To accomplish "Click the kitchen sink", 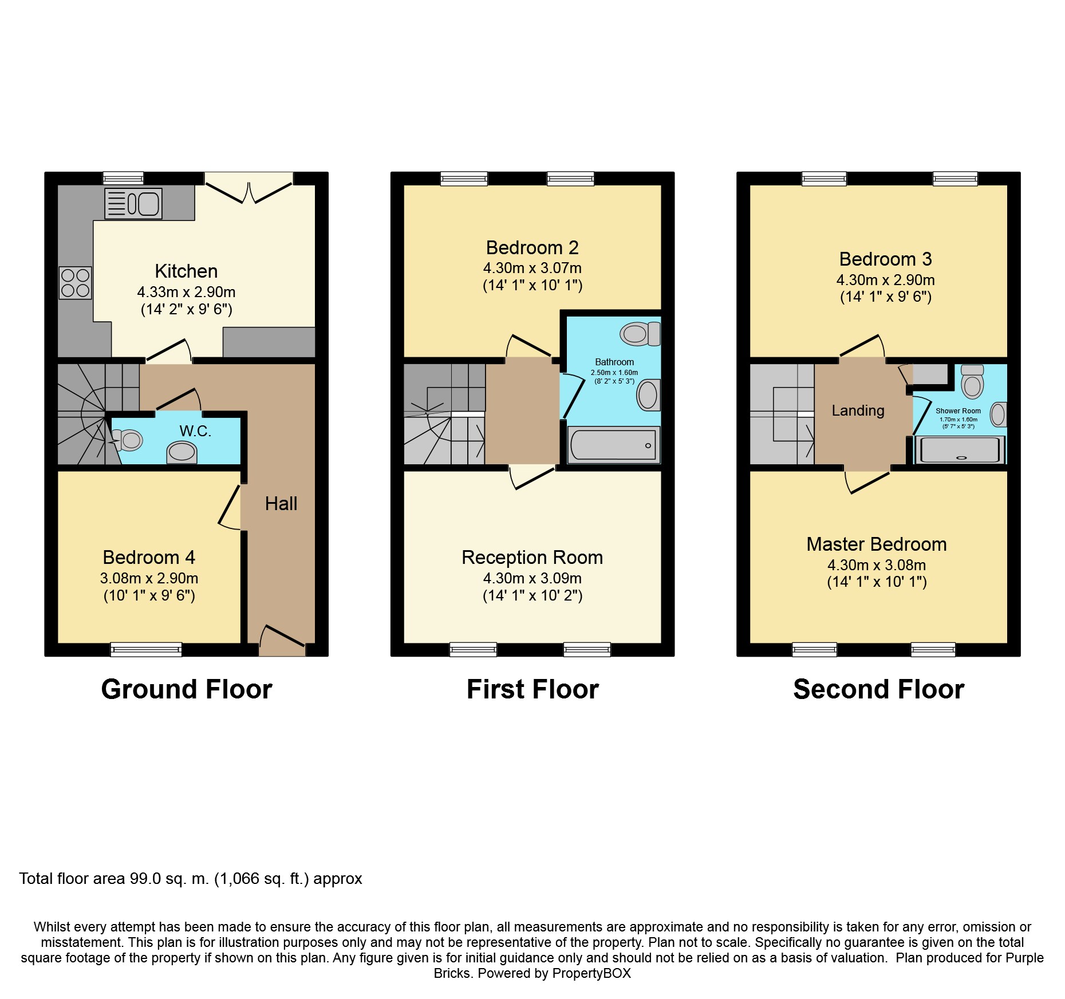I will click(x=133, y=203).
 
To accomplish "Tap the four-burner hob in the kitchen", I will click(x=75, y=283).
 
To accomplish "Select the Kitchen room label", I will click(x=186, y=271).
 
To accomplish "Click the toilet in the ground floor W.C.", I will click(x=128, y=440).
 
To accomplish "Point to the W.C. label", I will click(x=195, y=431).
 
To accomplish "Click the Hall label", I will click(x=281, y=504).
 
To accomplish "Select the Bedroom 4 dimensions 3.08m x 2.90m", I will click(x=149, y=578).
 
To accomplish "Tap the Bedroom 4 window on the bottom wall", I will click(x=146, y=649).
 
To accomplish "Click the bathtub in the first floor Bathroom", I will click(x=613, y=445).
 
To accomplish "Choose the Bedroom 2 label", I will click(x=532, y=248).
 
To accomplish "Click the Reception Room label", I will click(x=532, y=558).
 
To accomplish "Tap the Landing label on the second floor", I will click(x=858, y=410).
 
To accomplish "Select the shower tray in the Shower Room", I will click(x=960, y=449).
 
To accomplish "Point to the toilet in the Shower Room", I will click(x=972, y=382).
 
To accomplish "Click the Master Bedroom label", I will click(x=876, y=544).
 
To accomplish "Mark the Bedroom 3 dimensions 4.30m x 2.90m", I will click(x=885, y=280).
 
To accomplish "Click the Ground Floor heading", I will click(x=187, y=689).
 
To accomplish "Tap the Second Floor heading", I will click(x=878, y=689).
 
